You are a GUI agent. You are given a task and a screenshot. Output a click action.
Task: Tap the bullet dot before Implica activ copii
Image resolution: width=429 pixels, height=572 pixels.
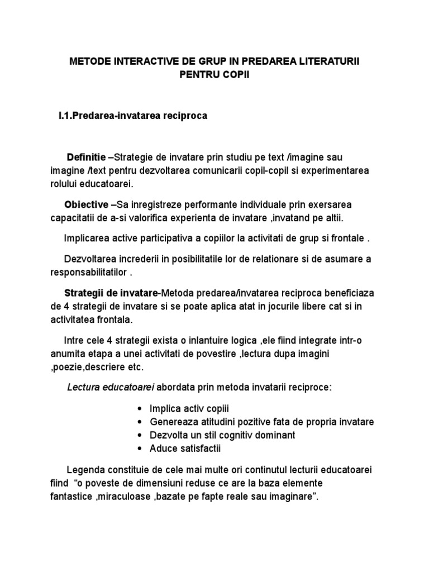139,408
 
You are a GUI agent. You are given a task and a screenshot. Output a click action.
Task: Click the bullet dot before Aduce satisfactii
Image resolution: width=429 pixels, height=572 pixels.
139,448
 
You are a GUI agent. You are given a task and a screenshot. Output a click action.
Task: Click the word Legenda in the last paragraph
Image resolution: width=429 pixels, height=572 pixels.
85,469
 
